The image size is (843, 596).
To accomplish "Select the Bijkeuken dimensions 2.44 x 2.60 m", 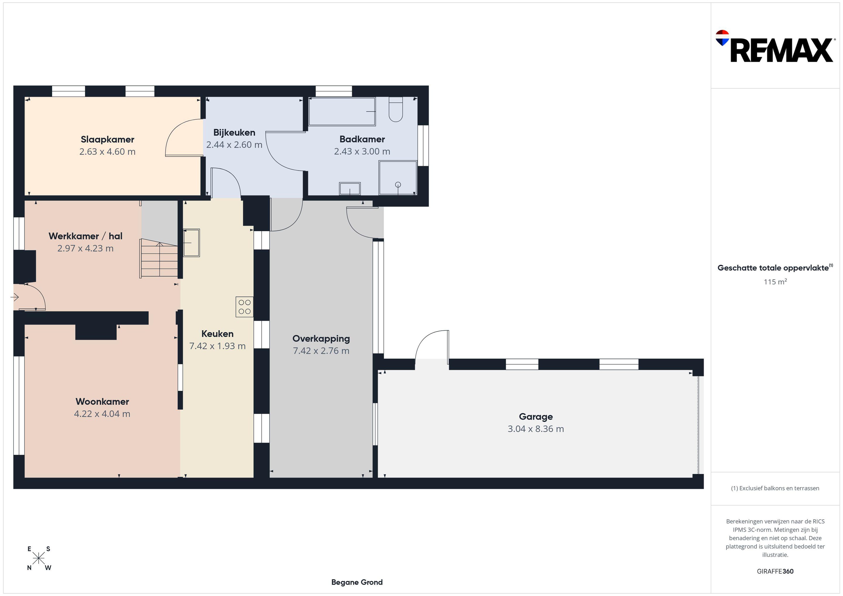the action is point(234,145).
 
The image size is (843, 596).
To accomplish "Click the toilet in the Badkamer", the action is point(396,109).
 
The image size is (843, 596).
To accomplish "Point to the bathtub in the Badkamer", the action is point(342,111).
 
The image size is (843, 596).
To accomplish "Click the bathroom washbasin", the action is point(350,189).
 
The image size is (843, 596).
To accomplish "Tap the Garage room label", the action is point(536,417).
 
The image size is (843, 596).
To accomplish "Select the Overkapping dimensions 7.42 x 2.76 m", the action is point(321,351).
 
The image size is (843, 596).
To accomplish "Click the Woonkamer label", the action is point(102,401).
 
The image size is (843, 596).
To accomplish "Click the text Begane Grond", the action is point(357,582).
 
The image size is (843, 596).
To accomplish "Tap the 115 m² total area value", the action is point(775,281).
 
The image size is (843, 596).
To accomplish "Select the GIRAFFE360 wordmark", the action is point(775,571).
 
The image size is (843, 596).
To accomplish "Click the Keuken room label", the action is point(217,334).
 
